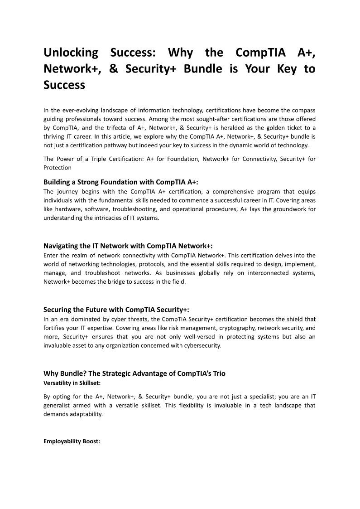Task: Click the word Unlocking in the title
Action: coord(70,53)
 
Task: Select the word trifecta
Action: coord(106,128)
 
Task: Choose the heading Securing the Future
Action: coord(116,310)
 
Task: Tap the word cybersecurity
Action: coord(200,345)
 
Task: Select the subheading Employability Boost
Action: coord(72,441)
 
